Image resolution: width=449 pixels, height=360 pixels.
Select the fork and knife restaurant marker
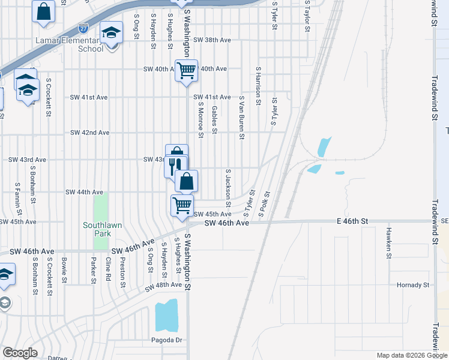pos(176,165)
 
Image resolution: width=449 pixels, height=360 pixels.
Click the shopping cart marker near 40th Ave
pos(186,70)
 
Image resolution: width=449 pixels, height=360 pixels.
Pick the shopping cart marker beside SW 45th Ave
pos(182,205)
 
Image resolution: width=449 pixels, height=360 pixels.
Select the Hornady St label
pos(414,284)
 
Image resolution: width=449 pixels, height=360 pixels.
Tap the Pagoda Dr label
pos(166,340)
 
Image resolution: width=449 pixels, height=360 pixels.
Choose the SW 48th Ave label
pos(163,289)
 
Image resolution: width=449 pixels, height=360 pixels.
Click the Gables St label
pos(214,119)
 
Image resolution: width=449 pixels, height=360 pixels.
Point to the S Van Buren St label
pos(241,117)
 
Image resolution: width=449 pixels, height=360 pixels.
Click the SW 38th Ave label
pos(216,40)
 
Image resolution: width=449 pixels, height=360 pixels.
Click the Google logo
pos(20,353)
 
